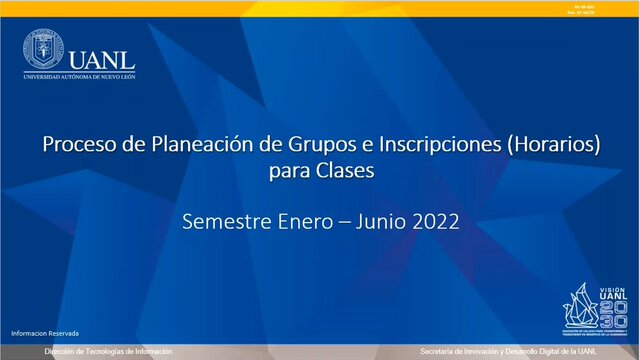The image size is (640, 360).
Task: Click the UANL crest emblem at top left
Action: [43, 49]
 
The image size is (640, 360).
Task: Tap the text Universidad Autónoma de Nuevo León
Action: [79, 76]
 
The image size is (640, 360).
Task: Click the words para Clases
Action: [321, 171]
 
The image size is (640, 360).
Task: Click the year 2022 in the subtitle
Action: [442, 222]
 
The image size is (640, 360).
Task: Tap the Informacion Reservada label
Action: [45, 332]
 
